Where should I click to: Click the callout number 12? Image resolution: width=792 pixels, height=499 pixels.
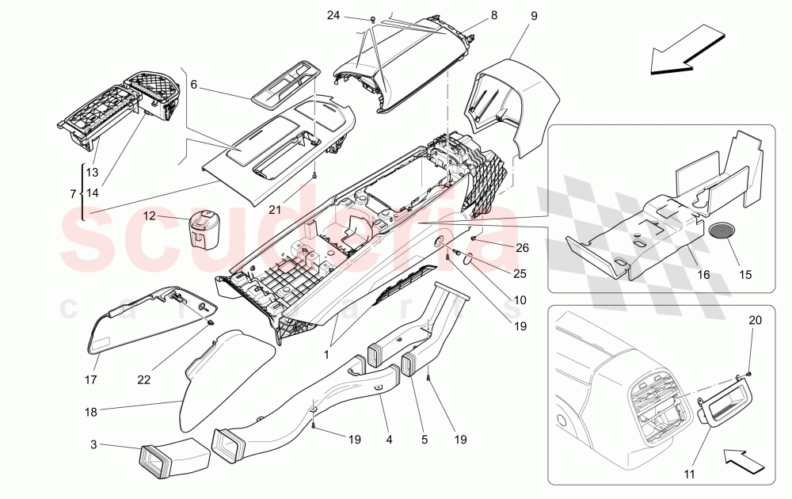click(x=148, y=215)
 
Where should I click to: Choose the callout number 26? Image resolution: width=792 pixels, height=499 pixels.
click(x=522, y=247)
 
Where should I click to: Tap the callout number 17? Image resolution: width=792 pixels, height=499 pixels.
click(x=92, y=380)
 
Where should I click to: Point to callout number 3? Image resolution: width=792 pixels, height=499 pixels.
click(x=94, y=446)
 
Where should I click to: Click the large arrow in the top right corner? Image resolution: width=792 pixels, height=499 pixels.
click(x=687, y=49)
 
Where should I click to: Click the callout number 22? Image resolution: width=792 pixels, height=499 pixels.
click(x=143, y=380)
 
